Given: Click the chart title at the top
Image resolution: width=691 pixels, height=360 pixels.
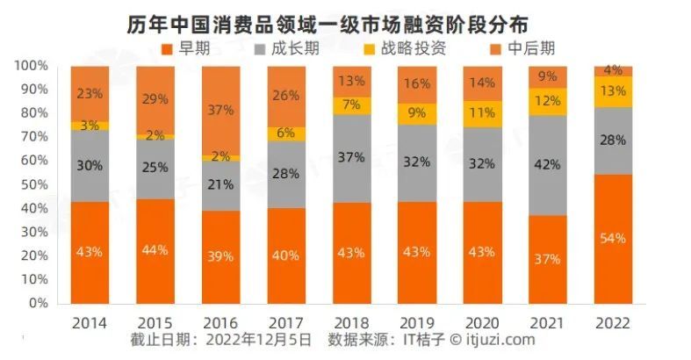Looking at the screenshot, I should coord(346,18).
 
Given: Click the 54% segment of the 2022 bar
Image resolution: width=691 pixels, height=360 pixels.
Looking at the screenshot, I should coord(613,239).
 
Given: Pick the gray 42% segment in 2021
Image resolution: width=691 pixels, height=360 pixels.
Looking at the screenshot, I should coord(547,165).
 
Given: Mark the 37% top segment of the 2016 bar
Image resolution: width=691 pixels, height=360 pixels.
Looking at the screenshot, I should coord(221,110).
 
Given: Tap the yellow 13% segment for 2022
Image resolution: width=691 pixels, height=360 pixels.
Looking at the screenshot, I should coord(613,91).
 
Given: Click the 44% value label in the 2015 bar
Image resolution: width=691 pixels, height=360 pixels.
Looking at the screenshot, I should coord(155,251).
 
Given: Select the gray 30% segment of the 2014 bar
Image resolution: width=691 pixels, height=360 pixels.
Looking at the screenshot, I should coord(90,166).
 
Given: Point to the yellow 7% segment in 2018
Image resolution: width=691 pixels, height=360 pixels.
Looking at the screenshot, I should coord(351,105).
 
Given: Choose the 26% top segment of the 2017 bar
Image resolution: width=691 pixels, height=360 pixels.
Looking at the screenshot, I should coord(286,96).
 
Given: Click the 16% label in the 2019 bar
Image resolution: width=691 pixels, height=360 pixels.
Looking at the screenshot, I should coord(416,84).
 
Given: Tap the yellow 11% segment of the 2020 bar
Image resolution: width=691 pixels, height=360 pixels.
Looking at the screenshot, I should coord(482,113).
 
